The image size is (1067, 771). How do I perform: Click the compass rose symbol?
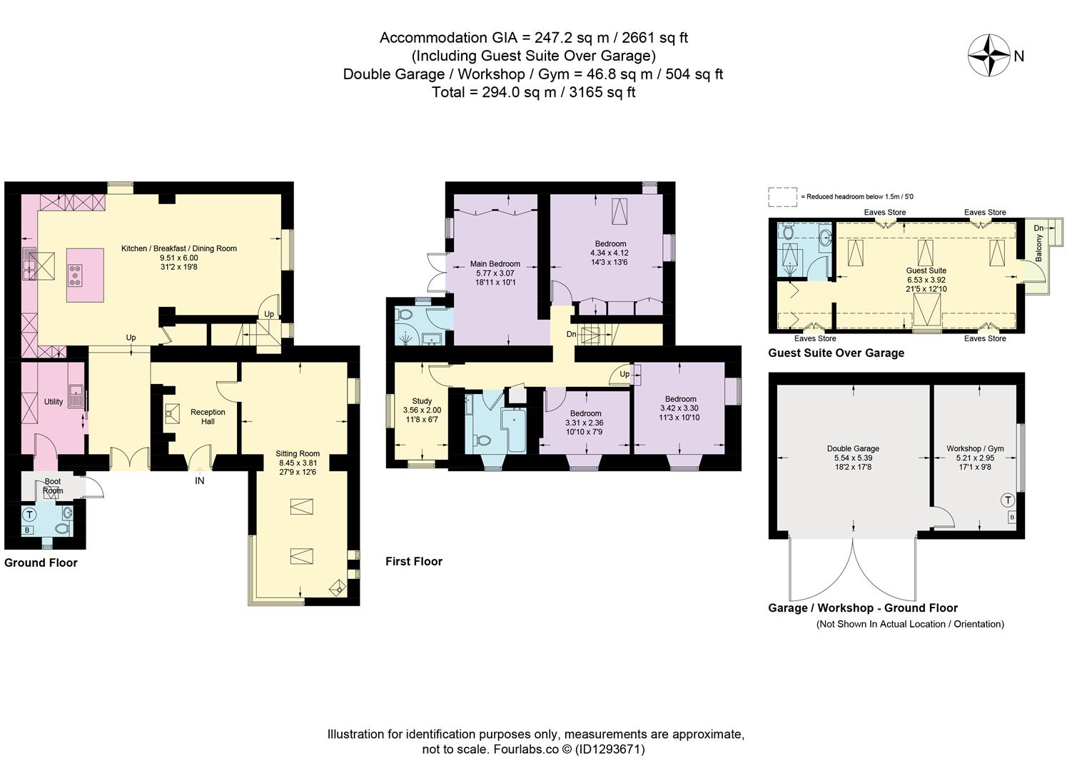[x=989, y=55]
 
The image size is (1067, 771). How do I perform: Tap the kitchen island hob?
[x=75, y=276]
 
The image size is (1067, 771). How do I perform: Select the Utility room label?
[x=54, y=402]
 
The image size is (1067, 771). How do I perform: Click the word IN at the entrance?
[x=200, y=480]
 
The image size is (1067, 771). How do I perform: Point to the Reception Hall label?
[x=208, y=416]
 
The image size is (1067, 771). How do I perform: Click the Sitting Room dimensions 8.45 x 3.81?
[x=298, y=463]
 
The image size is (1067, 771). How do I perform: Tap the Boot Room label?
[x=53, y=486]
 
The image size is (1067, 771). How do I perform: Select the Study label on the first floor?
[x=422, y=401]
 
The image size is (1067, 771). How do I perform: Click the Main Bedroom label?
[x=495, y=263]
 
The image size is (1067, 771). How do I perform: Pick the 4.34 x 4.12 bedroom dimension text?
[x=610, y=253]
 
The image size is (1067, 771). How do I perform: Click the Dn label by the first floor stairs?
[x=572, y=334]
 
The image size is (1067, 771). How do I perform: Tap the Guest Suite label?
[x=926, y=271]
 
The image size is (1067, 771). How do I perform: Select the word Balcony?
[x=1039, y=248]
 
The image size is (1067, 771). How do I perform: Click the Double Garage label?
[x=853, y=448]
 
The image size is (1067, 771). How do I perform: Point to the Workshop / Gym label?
[x=975, y=448]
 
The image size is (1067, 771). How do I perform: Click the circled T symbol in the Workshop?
[x=1008, y=500]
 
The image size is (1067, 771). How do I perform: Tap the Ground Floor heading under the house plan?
[x=41, y=563]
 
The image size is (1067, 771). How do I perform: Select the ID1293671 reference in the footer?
[x=610, y=750]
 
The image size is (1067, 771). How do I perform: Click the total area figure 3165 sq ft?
[x=602, y=92]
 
